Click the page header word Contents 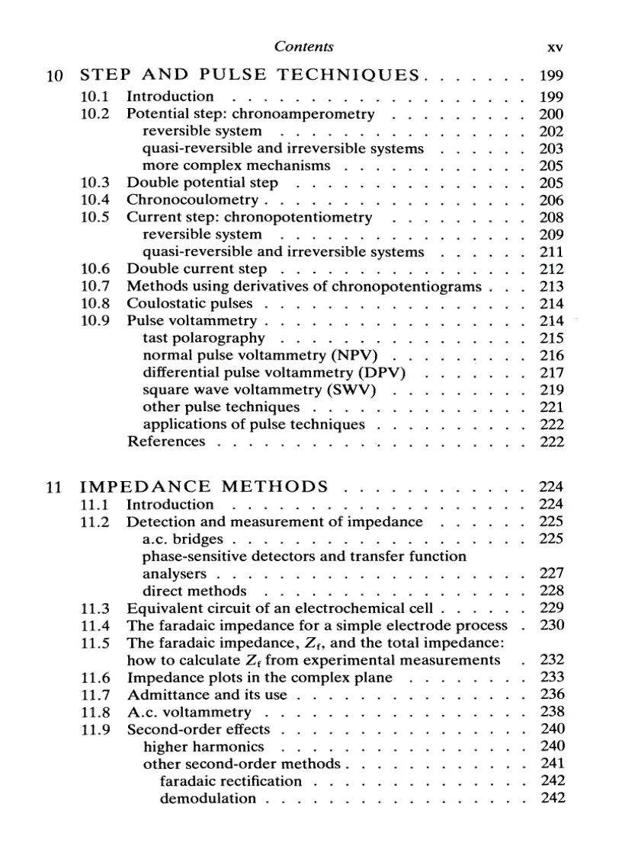(x=303, y=46)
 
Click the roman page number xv (x=555, y=47)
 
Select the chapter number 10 (x=53, y=76)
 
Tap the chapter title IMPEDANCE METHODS (x=204, y=487)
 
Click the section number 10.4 (x=95, y=200)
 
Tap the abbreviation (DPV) (x=380, y=373)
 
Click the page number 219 (x=550, y=390)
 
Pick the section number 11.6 (x=95, y=678)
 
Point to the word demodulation (x=207, y=798)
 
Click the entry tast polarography (x=204, y=338)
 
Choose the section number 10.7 (x=95, y=286)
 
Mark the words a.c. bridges (x=183, y=539)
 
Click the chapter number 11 (x=53, y=487)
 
